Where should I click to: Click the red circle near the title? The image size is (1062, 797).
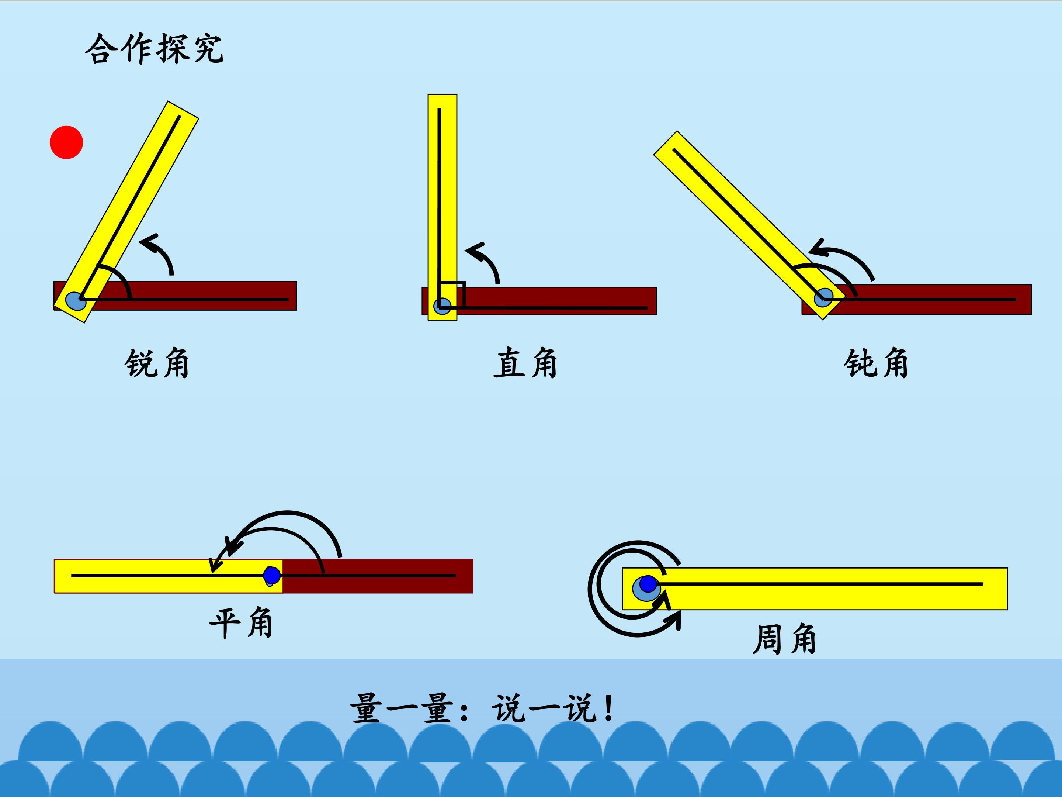[x=66, y=142]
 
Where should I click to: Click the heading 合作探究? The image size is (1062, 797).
[x=155, y=49]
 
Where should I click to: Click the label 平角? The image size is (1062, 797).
[x=242, y=623]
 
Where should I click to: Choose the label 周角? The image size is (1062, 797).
[x=784, y=639]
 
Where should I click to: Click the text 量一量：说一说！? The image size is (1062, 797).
[x=482, y=708]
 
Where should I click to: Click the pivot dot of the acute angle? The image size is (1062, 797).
[x=75, y=301]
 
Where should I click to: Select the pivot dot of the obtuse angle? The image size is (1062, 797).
[x=823, y=297]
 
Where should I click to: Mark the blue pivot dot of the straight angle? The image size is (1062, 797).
[x=272, y=575]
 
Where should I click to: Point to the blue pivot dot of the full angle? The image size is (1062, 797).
[x=648, y=584]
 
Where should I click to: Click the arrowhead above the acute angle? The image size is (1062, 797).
[x=149, y=242]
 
